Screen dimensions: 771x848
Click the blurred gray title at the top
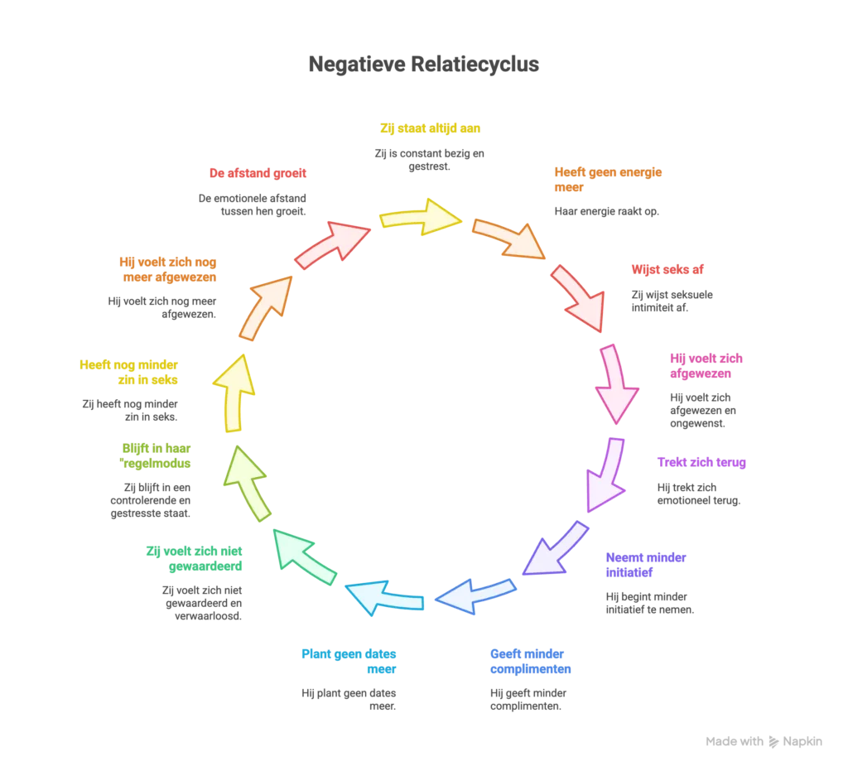(x=423, y=64)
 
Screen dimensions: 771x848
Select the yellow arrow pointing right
(x=419, y=217)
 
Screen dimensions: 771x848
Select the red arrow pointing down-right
(x=579, y=298)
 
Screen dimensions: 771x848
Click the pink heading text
(x=707, y=366)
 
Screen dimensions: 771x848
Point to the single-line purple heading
(x=701, y=461)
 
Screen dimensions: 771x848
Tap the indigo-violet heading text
(x=646, y=564)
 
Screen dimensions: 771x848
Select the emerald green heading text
(x=195, y=558)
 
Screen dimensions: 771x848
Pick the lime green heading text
(x=157, y=455)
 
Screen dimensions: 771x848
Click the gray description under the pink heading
(x=704, y=409)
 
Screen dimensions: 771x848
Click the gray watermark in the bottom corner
(x=764, y=742)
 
